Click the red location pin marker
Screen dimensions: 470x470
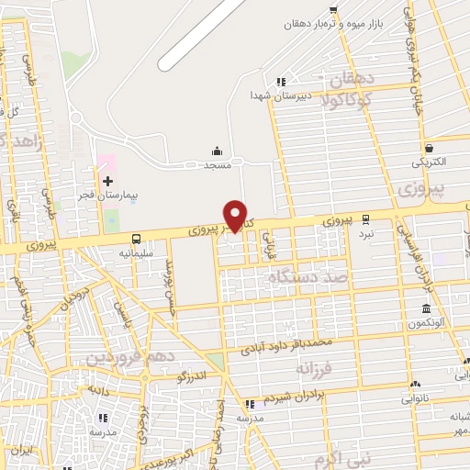click(236, 217)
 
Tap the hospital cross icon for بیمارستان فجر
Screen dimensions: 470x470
click(108, 180)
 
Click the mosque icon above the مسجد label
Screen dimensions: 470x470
click(217, 151)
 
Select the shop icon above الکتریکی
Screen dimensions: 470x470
click(429, 147)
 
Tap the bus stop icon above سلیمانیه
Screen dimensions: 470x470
click(136, 237)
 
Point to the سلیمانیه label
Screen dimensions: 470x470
click(136, 251)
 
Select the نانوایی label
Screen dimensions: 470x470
click(414, 399)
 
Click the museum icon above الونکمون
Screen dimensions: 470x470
click(426, 309)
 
